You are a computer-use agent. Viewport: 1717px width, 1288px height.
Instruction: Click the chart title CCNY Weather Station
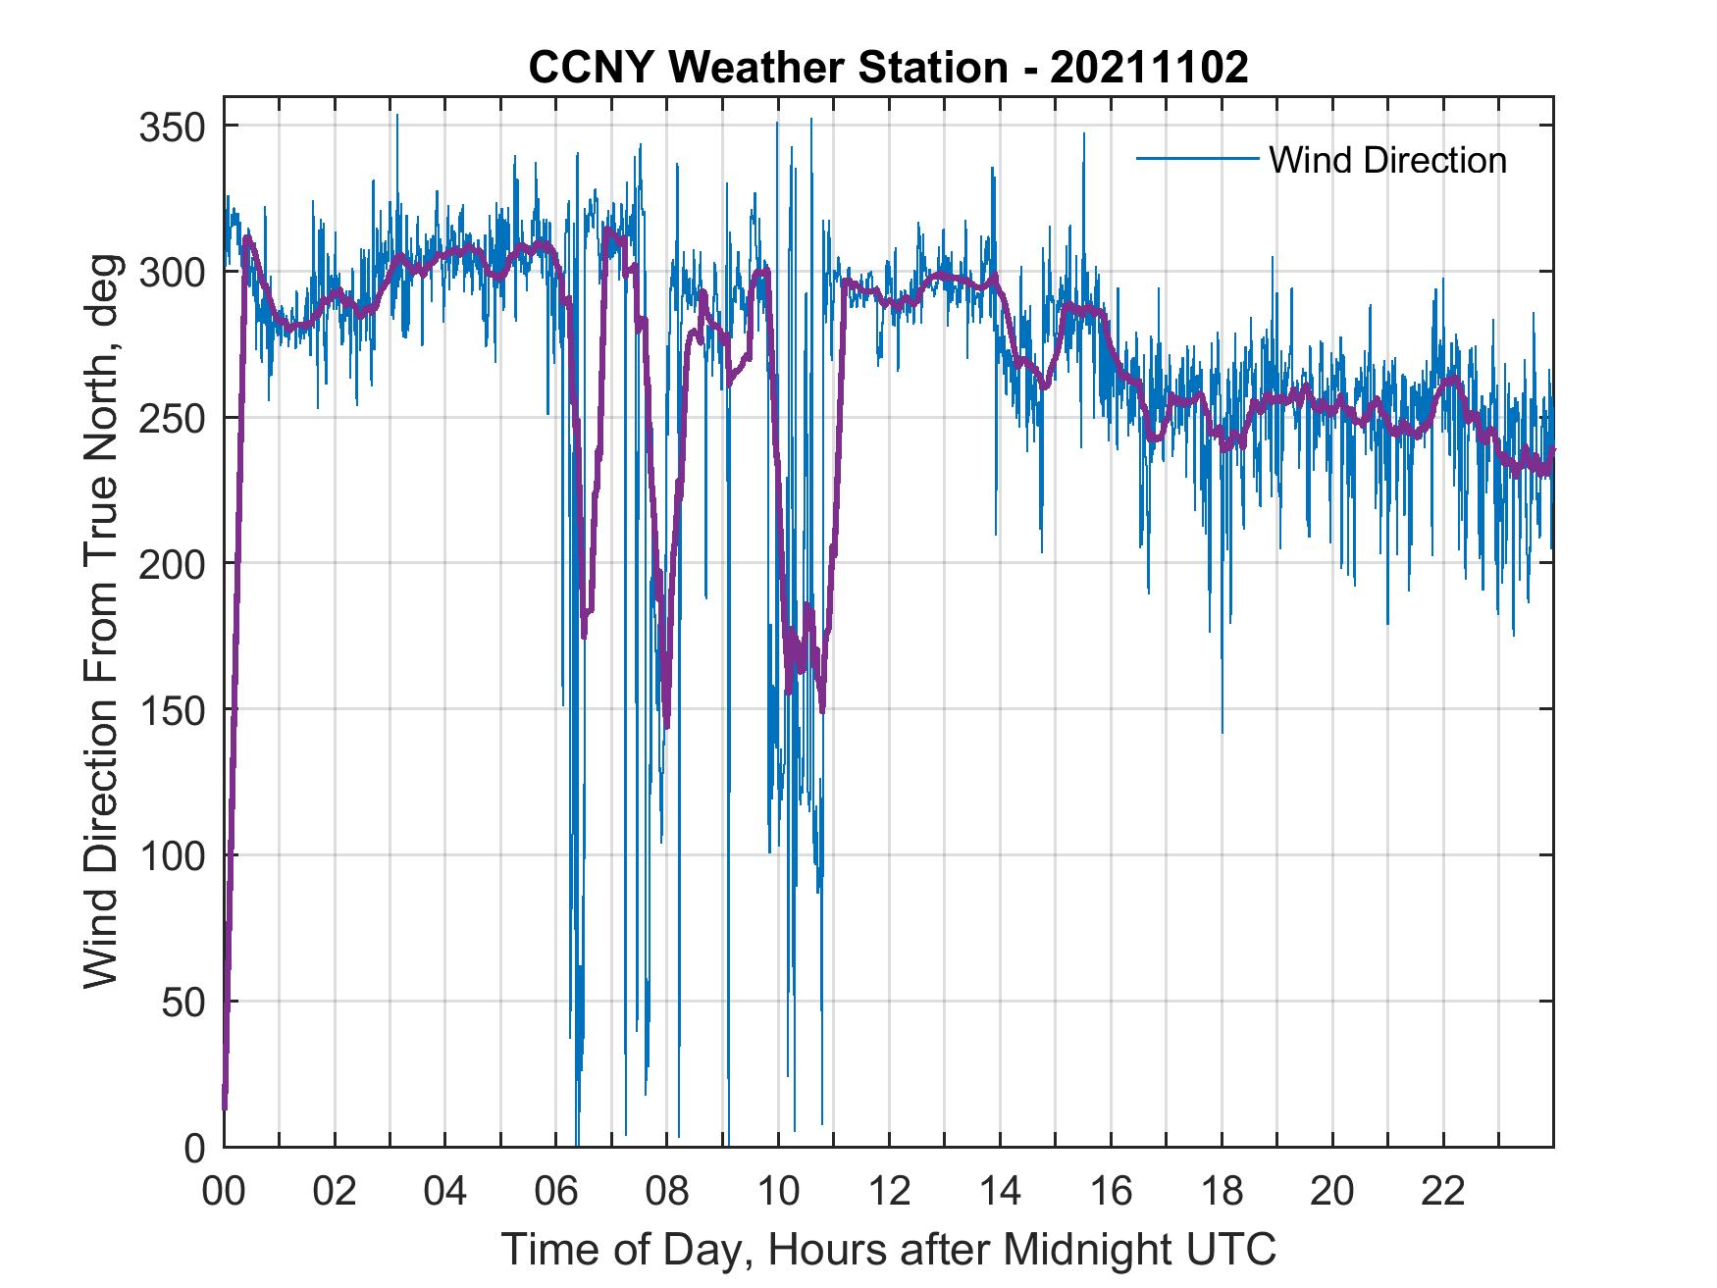click(767, 68)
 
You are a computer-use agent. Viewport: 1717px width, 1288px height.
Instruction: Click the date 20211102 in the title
click(1149, 68)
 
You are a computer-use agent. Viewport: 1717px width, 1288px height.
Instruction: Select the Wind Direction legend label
click(1387, 160)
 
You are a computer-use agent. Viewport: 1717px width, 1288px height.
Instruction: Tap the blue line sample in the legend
click(1197, 159)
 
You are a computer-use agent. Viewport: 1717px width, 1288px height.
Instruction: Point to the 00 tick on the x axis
click(224, 1193)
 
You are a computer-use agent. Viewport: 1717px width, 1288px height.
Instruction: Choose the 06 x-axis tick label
click(556, 1193)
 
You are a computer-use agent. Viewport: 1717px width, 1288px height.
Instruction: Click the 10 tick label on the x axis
click(778, 1193)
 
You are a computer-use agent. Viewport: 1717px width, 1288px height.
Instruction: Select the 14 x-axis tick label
click(1000, 1193)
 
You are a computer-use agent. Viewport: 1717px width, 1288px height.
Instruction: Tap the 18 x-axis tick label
click(1222, 1193)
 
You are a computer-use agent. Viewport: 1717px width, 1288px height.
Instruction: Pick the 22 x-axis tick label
click(1443, 1193)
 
